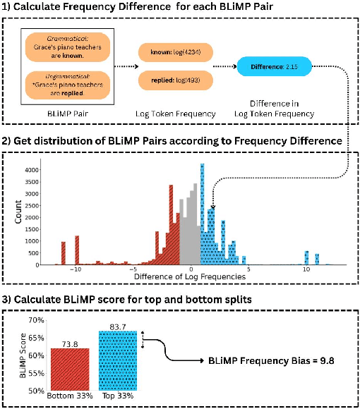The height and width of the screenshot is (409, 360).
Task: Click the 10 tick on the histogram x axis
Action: (306, 269)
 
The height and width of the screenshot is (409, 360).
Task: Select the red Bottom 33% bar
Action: (68, 367)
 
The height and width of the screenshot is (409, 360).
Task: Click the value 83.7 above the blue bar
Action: (117, 325)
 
